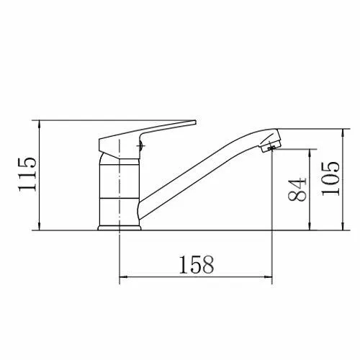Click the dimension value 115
point(27,174)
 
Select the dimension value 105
point(330,179)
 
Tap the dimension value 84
point(297,189)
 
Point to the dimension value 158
point(197,265)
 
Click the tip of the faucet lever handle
point(195,122)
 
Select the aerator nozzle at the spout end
point(271,145)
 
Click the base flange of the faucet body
point(120,228)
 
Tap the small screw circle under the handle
point(141,145)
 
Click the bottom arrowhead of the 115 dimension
point(39,227)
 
